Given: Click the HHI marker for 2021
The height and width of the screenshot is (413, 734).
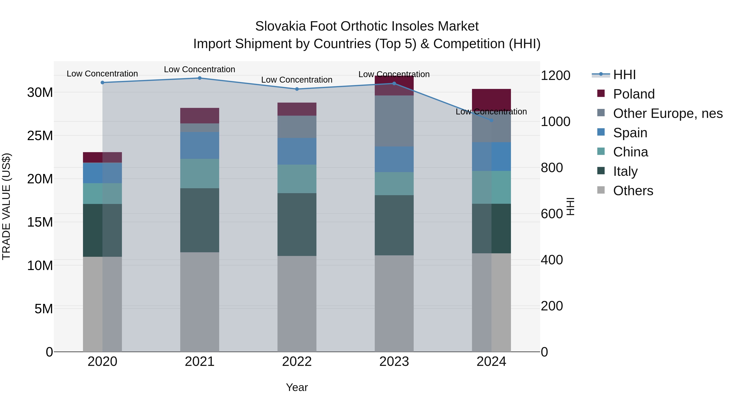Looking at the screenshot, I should click(199, 78).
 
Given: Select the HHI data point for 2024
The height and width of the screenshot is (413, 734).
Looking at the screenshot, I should click(491, 120).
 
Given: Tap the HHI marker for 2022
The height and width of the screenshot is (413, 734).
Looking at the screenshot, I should click(297, 89).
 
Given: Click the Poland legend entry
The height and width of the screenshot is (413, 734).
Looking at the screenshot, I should click(633, 94).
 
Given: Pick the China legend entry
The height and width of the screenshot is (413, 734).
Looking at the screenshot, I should click(630, 152).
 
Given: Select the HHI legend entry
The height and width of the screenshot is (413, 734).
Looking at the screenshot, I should click(624, 75).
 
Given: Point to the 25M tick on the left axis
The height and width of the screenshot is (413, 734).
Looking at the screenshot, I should click(40, 136).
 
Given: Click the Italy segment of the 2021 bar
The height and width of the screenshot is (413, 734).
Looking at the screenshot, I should click(199, 220).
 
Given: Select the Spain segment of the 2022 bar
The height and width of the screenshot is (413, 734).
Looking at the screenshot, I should click(297, 151).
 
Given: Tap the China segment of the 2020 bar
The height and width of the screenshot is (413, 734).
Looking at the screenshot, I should click(102, 194).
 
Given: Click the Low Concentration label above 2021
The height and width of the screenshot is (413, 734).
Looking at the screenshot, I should click(199, 70).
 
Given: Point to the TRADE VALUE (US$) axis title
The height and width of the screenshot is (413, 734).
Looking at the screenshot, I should click(6, 206).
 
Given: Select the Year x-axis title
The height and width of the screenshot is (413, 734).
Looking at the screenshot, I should click(297, 387).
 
